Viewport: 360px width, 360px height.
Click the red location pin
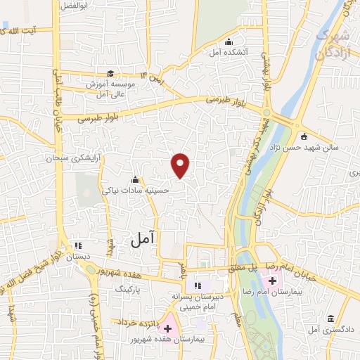coord(181,165)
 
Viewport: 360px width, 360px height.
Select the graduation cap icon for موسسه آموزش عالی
coord(110,73)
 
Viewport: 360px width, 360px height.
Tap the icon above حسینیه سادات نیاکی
coord(135,179)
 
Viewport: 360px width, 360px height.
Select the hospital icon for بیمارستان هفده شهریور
coord(167,328)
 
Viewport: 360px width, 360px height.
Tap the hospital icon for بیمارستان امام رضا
coord(272,281)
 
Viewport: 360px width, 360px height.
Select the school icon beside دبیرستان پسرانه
coord(198,285)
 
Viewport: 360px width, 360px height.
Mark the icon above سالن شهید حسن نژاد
coord(303,136)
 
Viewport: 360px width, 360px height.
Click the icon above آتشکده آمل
coord(229,41)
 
